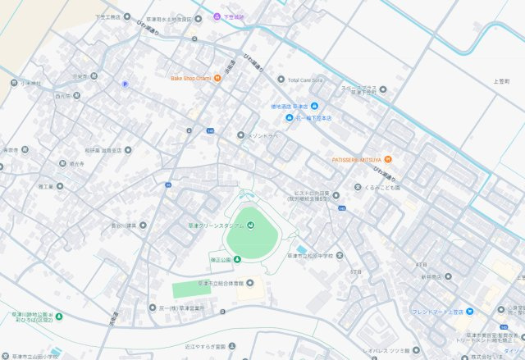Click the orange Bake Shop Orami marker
pos(217,79)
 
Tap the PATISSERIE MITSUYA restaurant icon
pos(387,159)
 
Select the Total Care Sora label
pos(306,80)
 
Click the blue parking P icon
pos(125,83)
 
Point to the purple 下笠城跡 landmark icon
pos(217,16)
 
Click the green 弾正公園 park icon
pos(237,259)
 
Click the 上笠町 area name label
pos(501,82)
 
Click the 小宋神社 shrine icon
pos(14,82)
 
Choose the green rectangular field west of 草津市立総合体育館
pos(191,289)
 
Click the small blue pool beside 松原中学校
pos(302,248)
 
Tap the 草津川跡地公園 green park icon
pos(59,316)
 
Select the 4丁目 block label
pos(422,265)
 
